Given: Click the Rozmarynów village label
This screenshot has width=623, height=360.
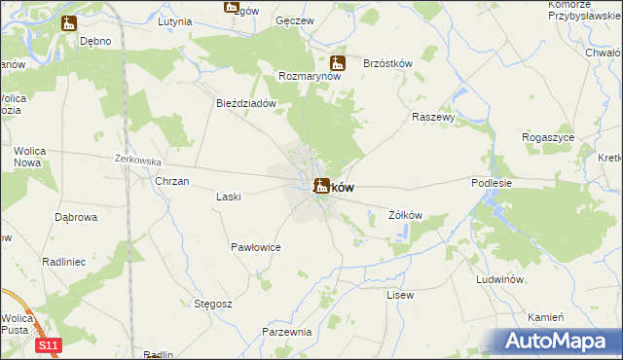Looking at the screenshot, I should click(x=310, y=76).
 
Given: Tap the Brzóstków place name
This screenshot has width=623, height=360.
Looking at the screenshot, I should click(x=387, y=63).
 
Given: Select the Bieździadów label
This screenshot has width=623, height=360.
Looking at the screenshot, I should click(x=247, y=102).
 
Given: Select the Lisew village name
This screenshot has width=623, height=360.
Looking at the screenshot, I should click(x=400, y=295).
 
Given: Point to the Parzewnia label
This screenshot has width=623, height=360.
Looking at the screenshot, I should click(x=286, y=332).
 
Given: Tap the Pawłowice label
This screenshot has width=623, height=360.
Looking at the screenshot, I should click(x=256, y=248).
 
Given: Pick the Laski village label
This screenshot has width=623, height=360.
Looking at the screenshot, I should click(x=228, y=196).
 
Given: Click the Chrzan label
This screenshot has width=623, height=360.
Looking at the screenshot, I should click(x=172, y=182).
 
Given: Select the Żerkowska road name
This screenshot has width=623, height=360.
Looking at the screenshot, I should click(x=137, y=160).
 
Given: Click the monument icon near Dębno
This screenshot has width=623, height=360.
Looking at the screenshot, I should click(x=68, y=23).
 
